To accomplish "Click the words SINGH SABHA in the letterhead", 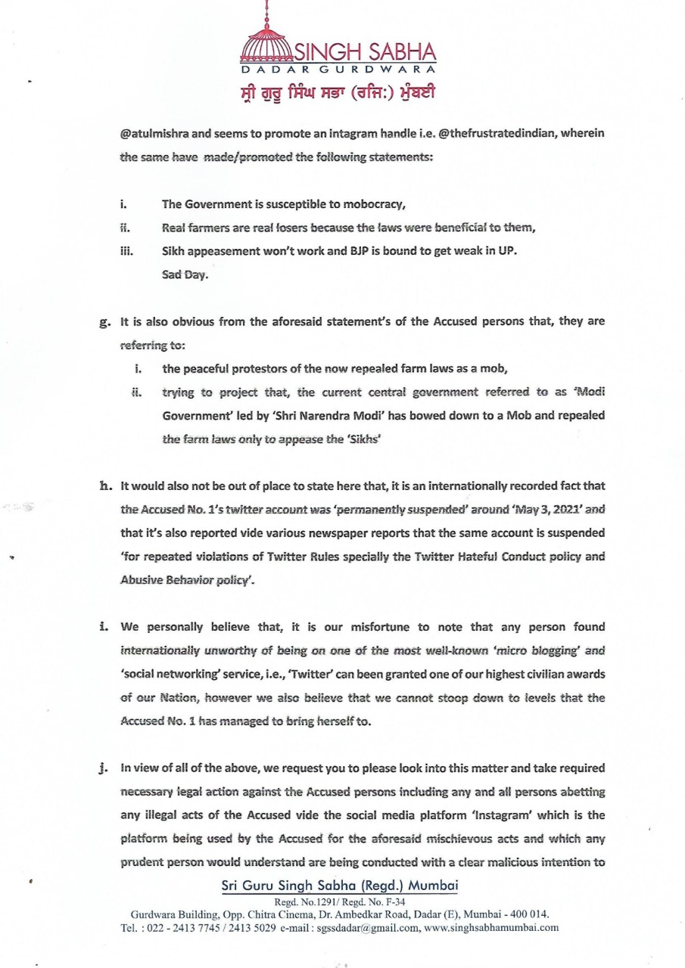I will (x=365, y=52).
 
